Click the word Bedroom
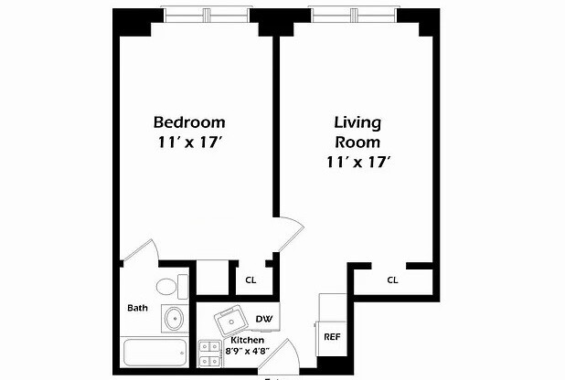pyautogui.click(x=188, y=121)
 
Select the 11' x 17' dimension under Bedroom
pyautogui.click(x=189, y=142)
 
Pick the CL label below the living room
pyautogui.click(x=392, y=280)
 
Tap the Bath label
pyautogui.click(x=137, y=308)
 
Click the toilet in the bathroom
pyautogui.click(x=168, y=287)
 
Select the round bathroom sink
pyautogui.click(x=173, y=319)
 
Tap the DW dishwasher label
pyautogui.click(x=263, y=319)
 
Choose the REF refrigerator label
pyautogui.click(x=332, y=337)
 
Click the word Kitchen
pyautogui.click(x=248, y=339)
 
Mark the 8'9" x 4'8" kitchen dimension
pyautogui.click(x=248, y=350)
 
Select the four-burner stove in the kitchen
pyautogui.click(x=211, y=354)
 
